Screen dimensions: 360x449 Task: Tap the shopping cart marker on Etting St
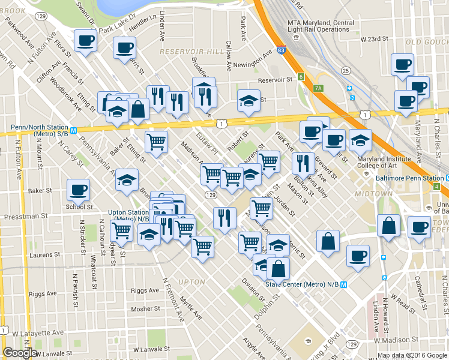pyautogui.click(x=156, y=142)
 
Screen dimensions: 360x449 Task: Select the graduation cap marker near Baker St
pyautogui.click(x=127, y=180)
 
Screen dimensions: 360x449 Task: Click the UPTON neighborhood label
pyautogui.click(x=192, y=281)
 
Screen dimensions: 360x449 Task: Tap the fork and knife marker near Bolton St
pyautogui.click(x=303, y=163)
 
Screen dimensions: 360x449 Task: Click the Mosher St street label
pyautogui.click(x=146, y=309)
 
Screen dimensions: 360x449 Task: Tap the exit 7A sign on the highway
pyautogui.click(x=318, y=88)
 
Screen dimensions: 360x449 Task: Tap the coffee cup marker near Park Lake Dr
pyautogui.click(x=124, y=47)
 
